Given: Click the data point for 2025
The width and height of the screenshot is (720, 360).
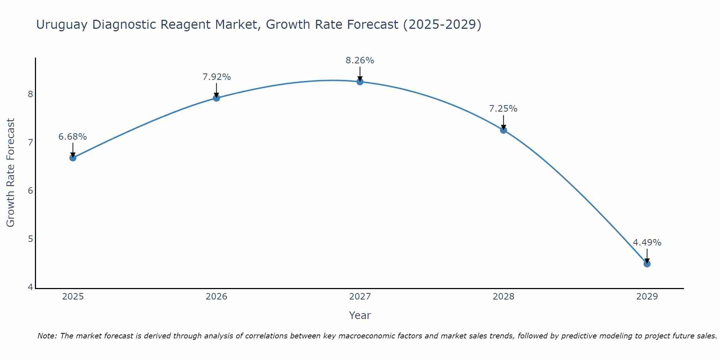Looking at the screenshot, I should pyautogui.click(x=73, y=158).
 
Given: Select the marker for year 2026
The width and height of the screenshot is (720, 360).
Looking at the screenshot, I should pyautogui.click(x=216, y=98).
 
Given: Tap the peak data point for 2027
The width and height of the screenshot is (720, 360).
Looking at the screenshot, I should pyautogui.click(x=360, y=82).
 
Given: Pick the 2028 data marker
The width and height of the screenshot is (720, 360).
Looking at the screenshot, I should pyautogui.click(x=504, y=130).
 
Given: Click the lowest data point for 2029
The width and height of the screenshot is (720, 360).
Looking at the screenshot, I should pyautogui.click(x=647, y=264).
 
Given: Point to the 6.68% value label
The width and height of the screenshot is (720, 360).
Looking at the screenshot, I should pyautogui.click(x=73, y=137).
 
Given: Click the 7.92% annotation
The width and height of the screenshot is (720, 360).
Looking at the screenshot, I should pyautogui.click(x=216, y=77).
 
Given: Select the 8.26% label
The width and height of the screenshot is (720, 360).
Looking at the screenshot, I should pyautogui.click(x=360, y=60).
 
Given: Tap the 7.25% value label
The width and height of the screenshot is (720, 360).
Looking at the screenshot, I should pyautogui.click(x=503, y=109).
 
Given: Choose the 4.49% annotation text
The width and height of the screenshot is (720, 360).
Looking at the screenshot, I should pyautogui.click(x=647, y=243).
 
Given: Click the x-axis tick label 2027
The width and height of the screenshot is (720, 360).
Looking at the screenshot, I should pyautogui.click(x=360, y=297).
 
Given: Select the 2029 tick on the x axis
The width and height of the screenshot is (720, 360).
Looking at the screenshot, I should pyautogui.click(x=647, y=297).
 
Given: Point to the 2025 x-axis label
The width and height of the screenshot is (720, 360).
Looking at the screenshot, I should pyautogui.click(x=73, y=297).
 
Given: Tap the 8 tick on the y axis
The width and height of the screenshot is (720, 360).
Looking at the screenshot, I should pyautogui.click(x=30, y=94).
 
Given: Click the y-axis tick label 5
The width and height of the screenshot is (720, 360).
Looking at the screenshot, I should pyautogui.click(x=30, y=239).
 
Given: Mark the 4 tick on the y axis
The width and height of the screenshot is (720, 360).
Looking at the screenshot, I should pyautogui.click(x=30, y=287).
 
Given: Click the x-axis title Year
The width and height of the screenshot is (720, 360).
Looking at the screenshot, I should pyautogui.click(x=360, y=315).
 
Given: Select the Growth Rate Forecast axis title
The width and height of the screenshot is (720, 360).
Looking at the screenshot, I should pyautogui.click(x=11, y=173).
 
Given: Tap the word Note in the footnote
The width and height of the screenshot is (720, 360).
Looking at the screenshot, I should pyautogui.click(x=47, y=336).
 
